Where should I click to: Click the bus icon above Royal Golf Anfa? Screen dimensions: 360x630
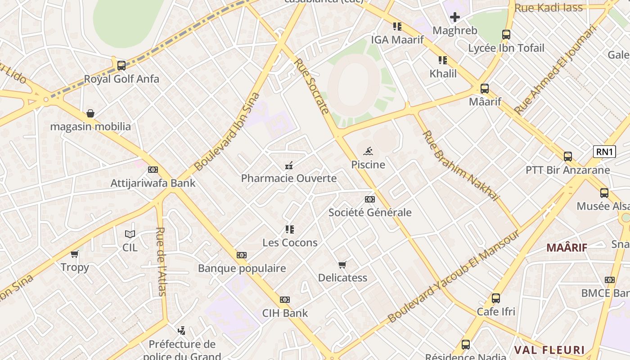pos(121,66)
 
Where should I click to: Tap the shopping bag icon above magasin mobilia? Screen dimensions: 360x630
pos(90,113)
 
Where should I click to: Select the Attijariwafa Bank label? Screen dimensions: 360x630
pos(153,183)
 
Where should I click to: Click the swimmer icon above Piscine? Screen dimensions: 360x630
pos(368,151)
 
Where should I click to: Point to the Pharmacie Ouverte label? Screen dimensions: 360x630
pos(288,178)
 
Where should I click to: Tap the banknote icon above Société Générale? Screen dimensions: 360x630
pos(370,199)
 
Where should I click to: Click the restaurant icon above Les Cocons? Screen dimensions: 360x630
pos(290,229)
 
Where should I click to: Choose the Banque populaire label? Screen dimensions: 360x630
pos(242,269)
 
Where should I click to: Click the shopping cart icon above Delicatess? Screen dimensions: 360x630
pos(342,265)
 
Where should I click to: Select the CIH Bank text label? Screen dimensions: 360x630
pos(285,313)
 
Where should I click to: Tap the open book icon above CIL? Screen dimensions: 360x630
pos(130,234)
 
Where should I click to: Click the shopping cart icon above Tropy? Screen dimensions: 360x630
pos(75,254)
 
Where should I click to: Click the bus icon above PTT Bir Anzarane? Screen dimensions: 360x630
pos(568,157)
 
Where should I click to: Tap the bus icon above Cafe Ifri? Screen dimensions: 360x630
pos(496,298)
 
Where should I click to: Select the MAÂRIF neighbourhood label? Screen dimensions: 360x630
pos(567,247)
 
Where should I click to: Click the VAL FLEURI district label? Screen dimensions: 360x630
pos(549,350)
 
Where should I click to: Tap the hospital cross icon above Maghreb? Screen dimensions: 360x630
pos(455,18)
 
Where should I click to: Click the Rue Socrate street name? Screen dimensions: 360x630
pos(312,85)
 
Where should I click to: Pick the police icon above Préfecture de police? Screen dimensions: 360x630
pos(181,331)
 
